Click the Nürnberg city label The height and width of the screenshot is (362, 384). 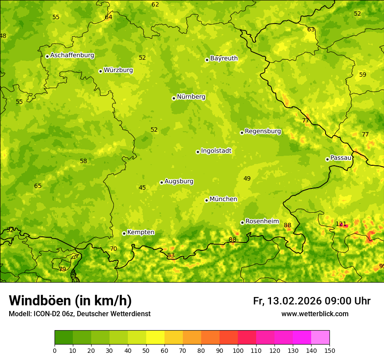[x=191, y=97]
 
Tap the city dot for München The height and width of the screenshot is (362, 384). [x=206, y=200]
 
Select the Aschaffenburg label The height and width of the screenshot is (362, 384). [x=72, y=55]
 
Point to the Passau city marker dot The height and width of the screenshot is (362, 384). [x=327, y=159]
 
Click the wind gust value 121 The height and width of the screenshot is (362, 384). [x=341, y=224]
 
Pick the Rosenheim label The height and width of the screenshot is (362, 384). [x=262, y=222]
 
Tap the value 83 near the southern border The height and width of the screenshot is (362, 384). [x=171, y=256]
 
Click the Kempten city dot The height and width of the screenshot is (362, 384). [x=124, y=233]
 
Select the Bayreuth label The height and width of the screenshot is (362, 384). [x=224, y=58]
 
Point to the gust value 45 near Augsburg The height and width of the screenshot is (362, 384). [x=142, y=188]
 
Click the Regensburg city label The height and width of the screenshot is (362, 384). [x=263, y=131]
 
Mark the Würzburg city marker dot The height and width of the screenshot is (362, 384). [x=100, y=71]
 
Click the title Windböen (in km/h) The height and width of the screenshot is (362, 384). [x=70, y=301]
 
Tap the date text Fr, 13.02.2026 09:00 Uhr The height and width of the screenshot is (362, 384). [x=312, y=301]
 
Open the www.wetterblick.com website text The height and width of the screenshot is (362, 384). [x=315, y=314]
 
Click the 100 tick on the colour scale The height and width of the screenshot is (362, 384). [x=238, y=351]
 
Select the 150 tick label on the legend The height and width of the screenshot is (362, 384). [x=329, y=351]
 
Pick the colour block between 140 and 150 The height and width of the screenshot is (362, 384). [x=320, y=338]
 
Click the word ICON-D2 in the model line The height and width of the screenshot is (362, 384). [x=46, y=314]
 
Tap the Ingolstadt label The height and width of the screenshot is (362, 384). [x=216, y=151]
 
